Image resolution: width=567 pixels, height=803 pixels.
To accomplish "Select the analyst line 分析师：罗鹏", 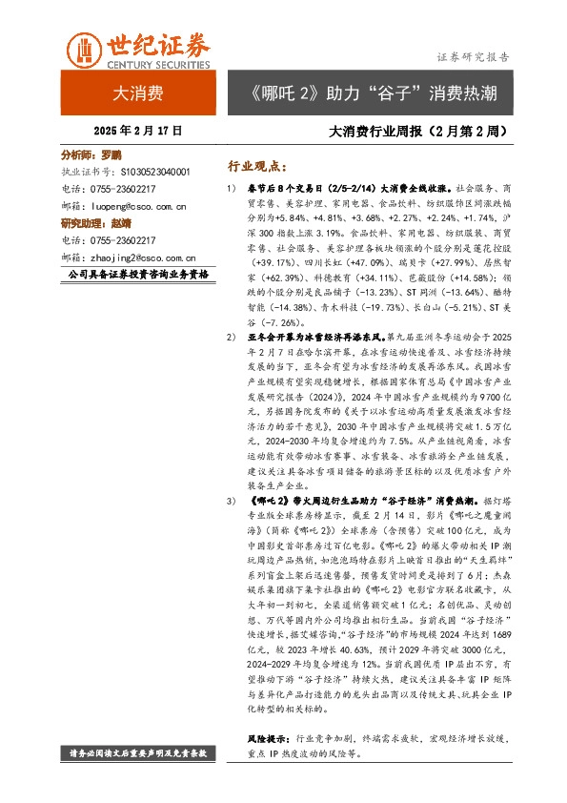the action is pyautogui.click(x=92, y=154).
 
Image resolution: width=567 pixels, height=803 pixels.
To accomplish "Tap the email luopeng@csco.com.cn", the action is pyautogui.click(x=135, y=205).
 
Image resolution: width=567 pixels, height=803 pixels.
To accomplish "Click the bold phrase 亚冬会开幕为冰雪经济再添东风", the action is pyautogui.click(x=326, y=339).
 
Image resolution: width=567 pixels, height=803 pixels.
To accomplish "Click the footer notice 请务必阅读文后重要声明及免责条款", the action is pyautogui.click(x=138, y=753).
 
